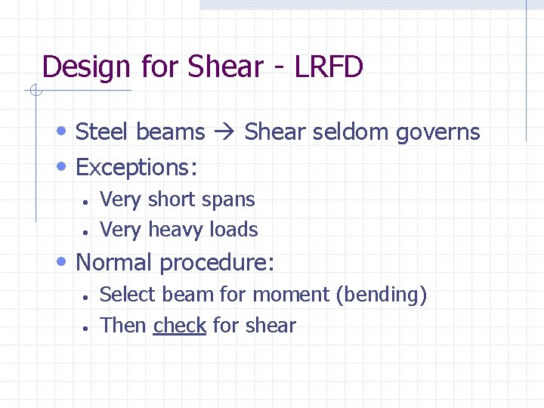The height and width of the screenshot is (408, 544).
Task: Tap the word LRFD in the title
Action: [329, 66]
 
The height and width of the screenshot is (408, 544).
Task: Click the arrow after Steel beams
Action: [224, 132]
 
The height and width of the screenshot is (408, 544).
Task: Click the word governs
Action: [438, 133]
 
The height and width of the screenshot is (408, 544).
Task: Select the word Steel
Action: [103, 132]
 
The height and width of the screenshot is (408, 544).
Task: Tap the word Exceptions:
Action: [137, 167]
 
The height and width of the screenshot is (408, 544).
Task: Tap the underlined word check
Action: [180, 326]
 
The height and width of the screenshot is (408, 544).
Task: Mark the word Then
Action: [123, 326]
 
